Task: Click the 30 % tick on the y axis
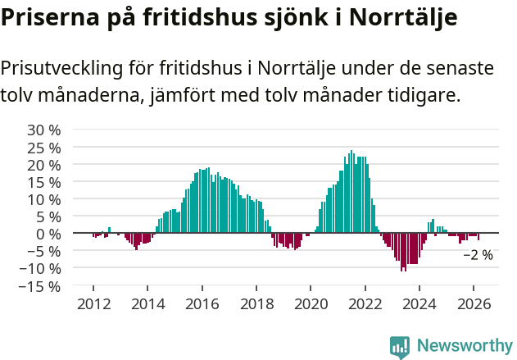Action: (x=44, y=130)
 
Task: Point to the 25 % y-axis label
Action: (x=44, y=148)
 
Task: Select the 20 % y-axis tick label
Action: (x=44, y=165)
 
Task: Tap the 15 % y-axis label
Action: (x=44, y=182)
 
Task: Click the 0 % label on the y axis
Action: (x=48, y=234)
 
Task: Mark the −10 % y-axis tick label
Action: (x=41, y=269)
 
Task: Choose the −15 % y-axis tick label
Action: (x=41, y=286)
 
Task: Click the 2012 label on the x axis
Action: (x=93, y=303)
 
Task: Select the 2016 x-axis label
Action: (x=202, y=303)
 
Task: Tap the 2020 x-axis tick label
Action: (x=311, y=303)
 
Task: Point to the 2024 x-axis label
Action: (x=419, y=303)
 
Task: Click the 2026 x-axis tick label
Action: (x=474, y=303)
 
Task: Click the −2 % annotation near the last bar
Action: (x=478, y=255)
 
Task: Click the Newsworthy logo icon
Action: (x=400, y=346)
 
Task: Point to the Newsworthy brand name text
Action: (x=465, y=346)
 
